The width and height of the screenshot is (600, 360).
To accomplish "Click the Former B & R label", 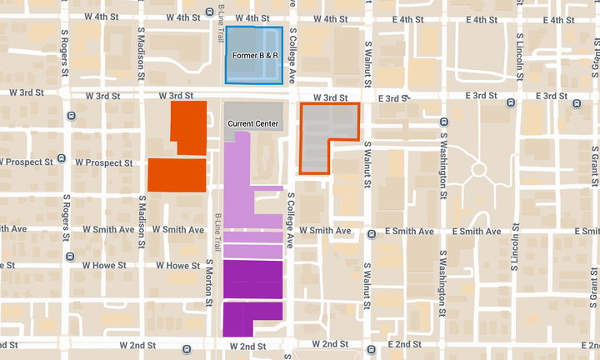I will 255,56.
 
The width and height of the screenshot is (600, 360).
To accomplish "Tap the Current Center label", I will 253,123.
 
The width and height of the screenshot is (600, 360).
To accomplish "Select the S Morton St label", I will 209,284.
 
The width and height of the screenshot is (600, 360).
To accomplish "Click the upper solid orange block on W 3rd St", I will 189,127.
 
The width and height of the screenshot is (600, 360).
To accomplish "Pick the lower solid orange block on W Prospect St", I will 177,175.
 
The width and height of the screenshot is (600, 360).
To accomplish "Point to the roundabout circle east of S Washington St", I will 478,170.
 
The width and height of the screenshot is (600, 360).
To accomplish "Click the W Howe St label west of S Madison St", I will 103,266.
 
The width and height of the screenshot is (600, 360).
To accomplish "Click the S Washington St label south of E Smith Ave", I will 442,283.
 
